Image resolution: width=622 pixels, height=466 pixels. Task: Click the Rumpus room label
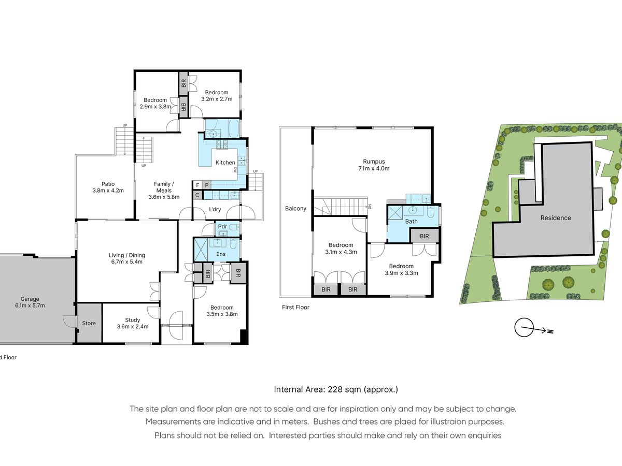coord(374,162)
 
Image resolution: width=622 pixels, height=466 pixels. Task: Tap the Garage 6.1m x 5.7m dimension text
coord(30,305)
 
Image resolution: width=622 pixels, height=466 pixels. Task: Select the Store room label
coord(89,323)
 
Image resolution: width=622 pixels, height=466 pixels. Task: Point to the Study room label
coord(133,320)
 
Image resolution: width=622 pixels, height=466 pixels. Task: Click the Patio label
coord(108,184)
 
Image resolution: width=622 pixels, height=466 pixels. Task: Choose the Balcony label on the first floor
coord(295,209)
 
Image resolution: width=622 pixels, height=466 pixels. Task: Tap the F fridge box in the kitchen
coord(198,185)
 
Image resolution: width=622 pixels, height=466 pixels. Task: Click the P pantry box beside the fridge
coord(207,185)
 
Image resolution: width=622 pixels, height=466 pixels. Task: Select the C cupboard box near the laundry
coord(197,195)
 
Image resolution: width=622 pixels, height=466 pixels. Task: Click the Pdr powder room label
coord(222,226)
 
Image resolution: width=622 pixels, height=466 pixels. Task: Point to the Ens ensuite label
coord(221,254)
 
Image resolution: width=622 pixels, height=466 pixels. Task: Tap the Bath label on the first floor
coord(411,221)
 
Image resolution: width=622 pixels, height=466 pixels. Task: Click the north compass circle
coord(524,327)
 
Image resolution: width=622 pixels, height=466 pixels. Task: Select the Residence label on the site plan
coord(556,218)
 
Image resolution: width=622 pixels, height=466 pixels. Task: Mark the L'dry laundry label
coord(215,209)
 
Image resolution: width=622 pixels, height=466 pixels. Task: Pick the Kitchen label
coord(225,163)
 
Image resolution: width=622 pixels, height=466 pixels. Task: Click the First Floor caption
coord(295,307)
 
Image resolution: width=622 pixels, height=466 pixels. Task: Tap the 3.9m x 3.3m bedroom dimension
coord(401,273)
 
